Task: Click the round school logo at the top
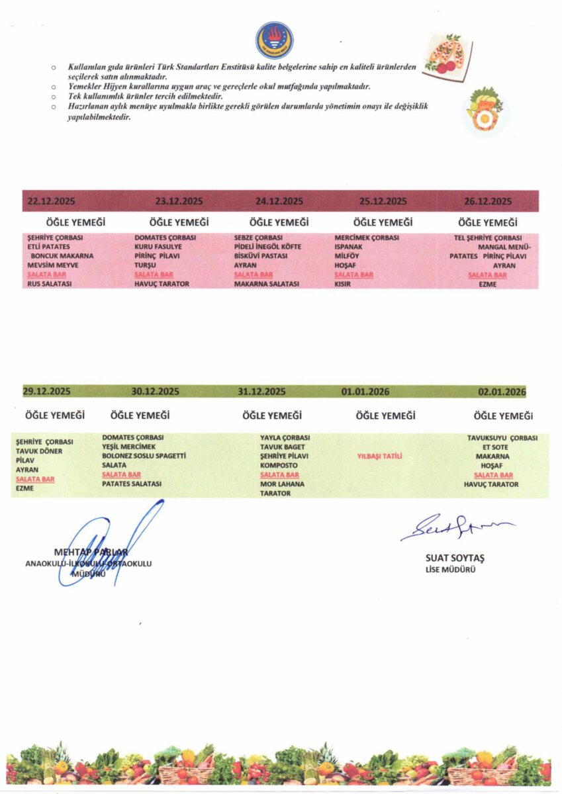[x=273, y=40]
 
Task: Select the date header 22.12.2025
[x=51, y=201]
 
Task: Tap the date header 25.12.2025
[x=383, y=201]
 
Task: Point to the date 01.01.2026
[x=365, y=392]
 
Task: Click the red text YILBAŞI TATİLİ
[x=380, y=456]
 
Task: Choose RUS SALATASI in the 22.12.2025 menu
[x=50, y=284]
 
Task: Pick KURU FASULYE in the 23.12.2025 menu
[x=158, y=246]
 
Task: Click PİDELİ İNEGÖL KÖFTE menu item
[x=267, y=246]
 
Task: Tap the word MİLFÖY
[x=348, y=255]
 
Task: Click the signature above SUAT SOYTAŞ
[x=457, y=527]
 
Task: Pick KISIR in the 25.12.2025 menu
[x=343, y=284]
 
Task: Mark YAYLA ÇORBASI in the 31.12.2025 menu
[x=285, y=437]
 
